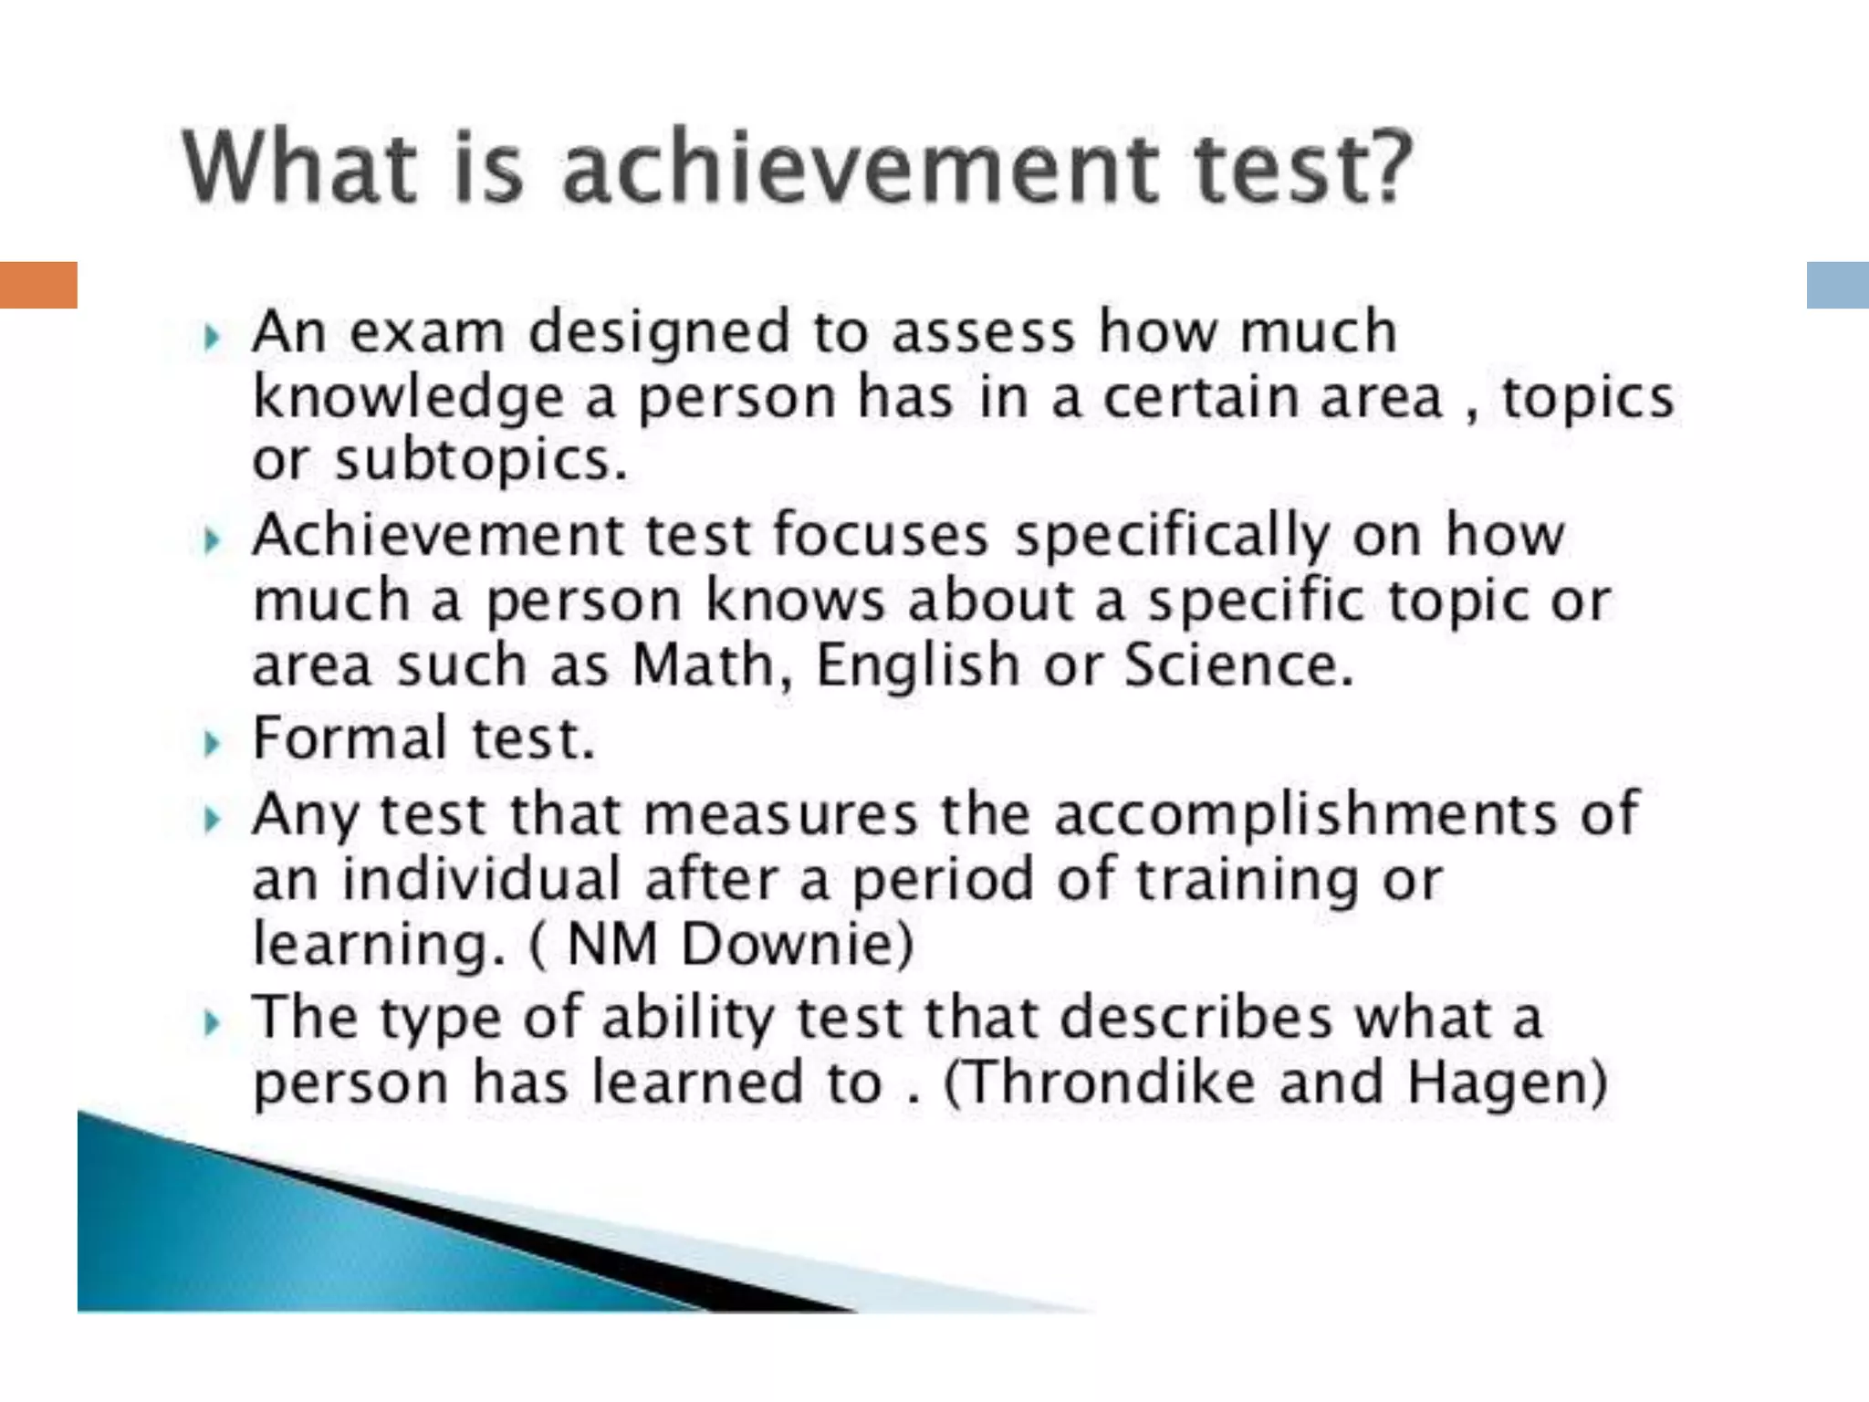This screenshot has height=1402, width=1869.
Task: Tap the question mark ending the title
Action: (1383, 168)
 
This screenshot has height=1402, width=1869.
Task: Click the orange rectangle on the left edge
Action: (38, 285)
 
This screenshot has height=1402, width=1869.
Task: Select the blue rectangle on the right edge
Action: (1837, 285)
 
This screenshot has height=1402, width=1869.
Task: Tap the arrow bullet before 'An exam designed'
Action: (213, 340)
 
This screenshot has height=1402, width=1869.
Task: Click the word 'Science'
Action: (1237, 665)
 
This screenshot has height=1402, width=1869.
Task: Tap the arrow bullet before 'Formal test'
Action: (213, 744)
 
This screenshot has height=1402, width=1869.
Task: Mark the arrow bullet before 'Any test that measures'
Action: (213, 820)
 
